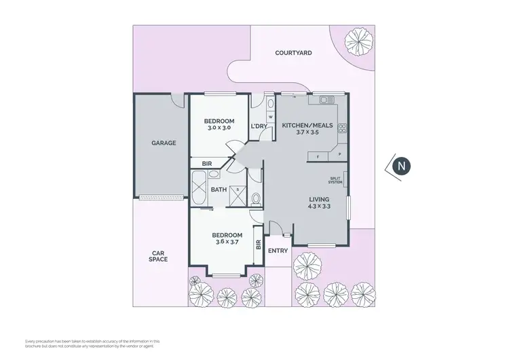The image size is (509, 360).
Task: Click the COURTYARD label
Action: [x=293, y=52]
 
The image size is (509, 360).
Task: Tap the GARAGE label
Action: [x=164, y=143]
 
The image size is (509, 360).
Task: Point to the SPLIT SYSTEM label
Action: [x=335, y=179]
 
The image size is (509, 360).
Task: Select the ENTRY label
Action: [x=278, y=251]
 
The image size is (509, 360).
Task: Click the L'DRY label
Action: [x=259, y=126]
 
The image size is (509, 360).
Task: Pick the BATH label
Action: [x=219, y=190]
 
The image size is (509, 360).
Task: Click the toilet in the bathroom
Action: [x=254, y=199]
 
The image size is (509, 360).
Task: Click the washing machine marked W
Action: [x=269, y=117]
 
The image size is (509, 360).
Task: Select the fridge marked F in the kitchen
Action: [x=318, y=156]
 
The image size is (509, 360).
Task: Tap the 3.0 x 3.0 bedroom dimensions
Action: [x=218, y=128]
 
